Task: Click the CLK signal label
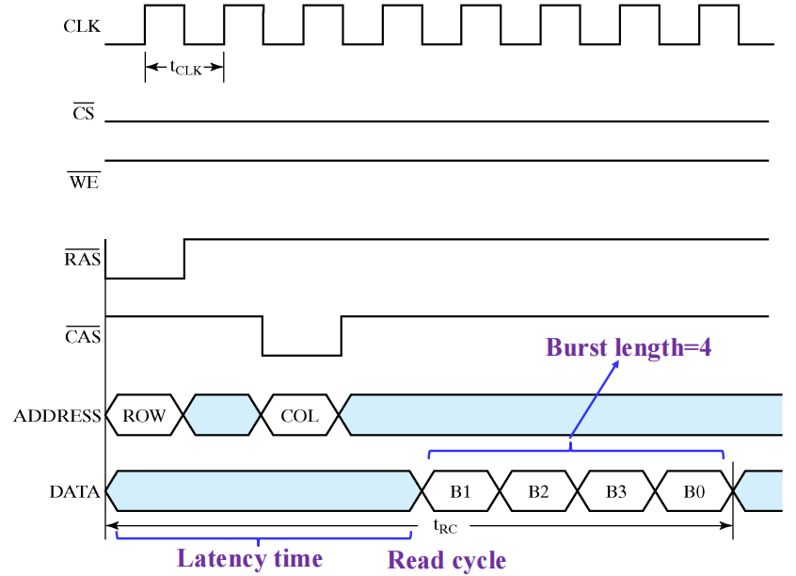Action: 82,27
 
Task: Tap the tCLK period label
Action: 185,68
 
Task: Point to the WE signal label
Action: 83,182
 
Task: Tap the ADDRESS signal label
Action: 57,416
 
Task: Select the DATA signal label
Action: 74,490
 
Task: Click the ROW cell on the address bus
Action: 144,416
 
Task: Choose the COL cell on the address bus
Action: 300,416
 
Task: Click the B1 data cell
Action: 459,490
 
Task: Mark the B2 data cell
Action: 537,490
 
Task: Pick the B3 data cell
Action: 615,490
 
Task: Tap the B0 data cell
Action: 693,490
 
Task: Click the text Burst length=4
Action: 629,346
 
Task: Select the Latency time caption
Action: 249,558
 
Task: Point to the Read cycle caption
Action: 447,561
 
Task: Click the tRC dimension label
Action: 445,528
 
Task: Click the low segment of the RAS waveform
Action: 145,278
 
